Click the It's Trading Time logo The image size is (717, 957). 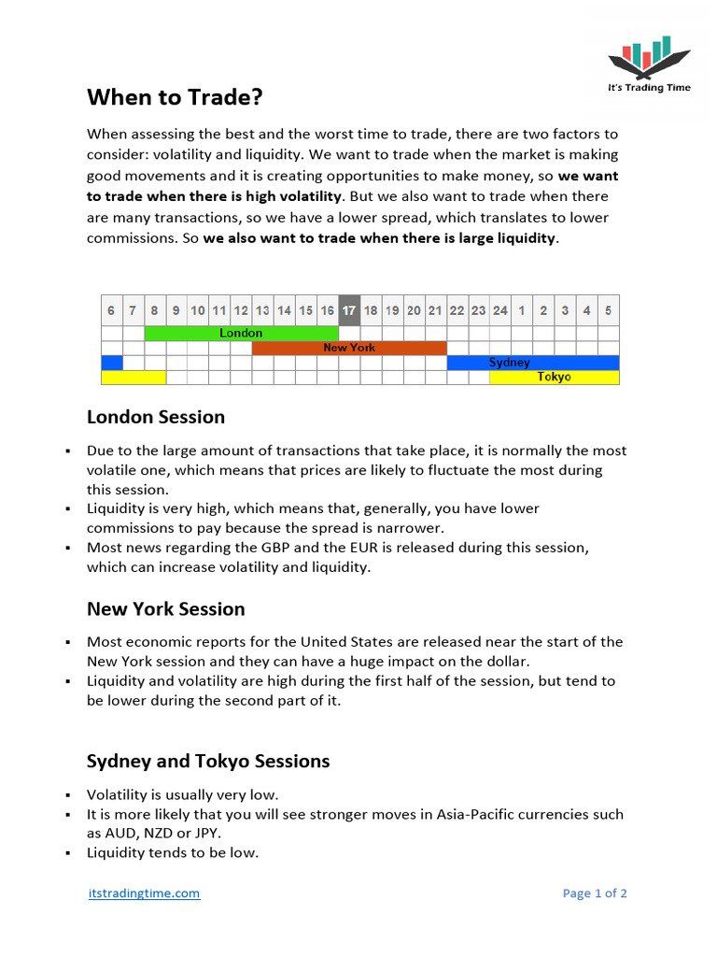click(x=649, y=64)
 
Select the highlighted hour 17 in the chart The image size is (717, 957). click(x=349, y=310)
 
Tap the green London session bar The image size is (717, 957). click(x=241, y=334)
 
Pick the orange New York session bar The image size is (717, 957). click(x=349, y=348)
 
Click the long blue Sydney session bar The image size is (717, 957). click(x=532, y=363)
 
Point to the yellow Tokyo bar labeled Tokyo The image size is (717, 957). click(x=554, y=378)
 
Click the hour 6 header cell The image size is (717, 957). click(x=111, y=310)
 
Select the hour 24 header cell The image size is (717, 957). click(x=500, y=310)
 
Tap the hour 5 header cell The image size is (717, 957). click(x=608, y=310)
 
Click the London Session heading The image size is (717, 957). click(x=156, y=417)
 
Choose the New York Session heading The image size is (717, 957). click(x=166, y=609)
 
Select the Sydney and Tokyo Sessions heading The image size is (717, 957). click(x=208, y=761)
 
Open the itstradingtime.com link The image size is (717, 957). click(x=144, y=893)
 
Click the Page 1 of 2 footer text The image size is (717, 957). click(x=595, y=893)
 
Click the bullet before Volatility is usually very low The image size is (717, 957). click(x=68, y=795)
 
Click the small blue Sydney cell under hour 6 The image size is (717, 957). click(x=111, y=363)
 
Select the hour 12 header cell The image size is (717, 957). click(x=241, y=310)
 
